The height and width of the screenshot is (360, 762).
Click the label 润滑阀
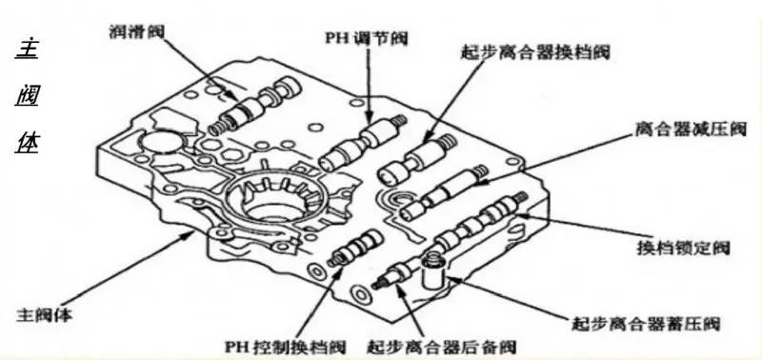tap(137, 31)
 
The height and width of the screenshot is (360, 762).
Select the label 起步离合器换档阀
tap(535, 52)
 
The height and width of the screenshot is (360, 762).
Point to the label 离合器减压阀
tap(691, 129)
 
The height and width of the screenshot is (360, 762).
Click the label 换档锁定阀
tap(683, 248)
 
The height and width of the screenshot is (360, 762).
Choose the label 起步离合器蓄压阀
tap(646, 323)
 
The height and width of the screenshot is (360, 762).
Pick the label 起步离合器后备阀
tap(441, 347)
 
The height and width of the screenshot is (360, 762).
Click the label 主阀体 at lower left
tap(44, 314)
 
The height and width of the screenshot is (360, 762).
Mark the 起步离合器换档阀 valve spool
tap(417, 160)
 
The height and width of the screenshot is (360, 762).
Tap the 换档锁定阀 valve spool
tap(479, 220)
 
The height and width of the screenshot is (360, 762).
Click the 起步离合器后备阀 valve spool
tap(395, 274)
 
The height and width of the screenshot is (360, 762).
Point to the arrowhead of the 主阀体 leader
tap(190, 235)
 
